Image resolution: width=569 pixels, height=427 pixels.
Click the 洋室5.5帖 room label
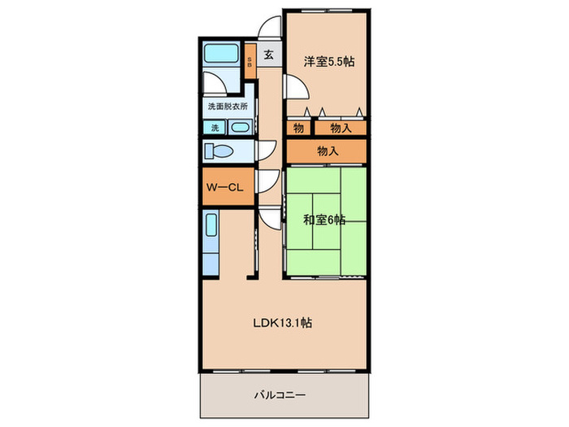pyautogui.click(x=328, y=61)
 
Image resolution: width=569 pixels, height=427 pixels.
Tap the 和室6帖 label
pyautogui.click(x=324, y=220)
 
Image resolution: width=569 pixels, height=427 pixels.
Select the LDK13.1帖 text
pyautogui.click(x=282, y=322)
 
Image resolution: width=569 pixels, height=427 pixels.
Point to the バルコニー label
pyautogui.click(x=280, y=394)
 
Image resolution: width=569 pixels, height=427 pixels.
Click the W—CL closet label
pyautogui.click(x=224, y=187)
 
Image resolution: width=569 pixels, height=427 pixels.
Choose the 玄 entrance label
pyautogui.click(x=268, y=54)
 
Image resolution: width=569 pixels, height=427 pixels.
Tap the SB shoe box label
pyautogui.click(x=250, y=62)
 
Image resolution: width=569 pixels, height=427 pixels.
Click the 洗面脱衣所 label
pyautogui.click(x=228, y=107)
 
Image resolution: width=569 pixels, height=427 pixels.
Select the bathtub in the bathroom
pyautogui.click(x=221, y=54)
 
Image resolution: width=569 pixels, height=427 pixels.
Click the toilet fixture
pyautogui.click(x=219, y=151)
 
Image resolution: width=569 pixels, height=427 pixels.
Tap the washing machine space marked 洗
pyautogui.click(x=215, y=128)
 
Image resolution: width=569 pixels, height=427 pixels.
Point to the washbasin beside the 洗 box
pyautogui.click(x=240, y=128)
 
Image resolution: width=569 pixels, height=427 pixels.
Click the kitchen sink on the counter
pyautogui.click(x=211, y=224)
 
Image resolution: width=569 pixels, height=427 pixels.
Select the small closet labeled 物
pyautogui.click(x=298, y=128)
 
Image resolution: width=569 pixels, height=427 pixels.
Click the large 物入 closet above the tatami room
pyautogui.click(x=327, y=151)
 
